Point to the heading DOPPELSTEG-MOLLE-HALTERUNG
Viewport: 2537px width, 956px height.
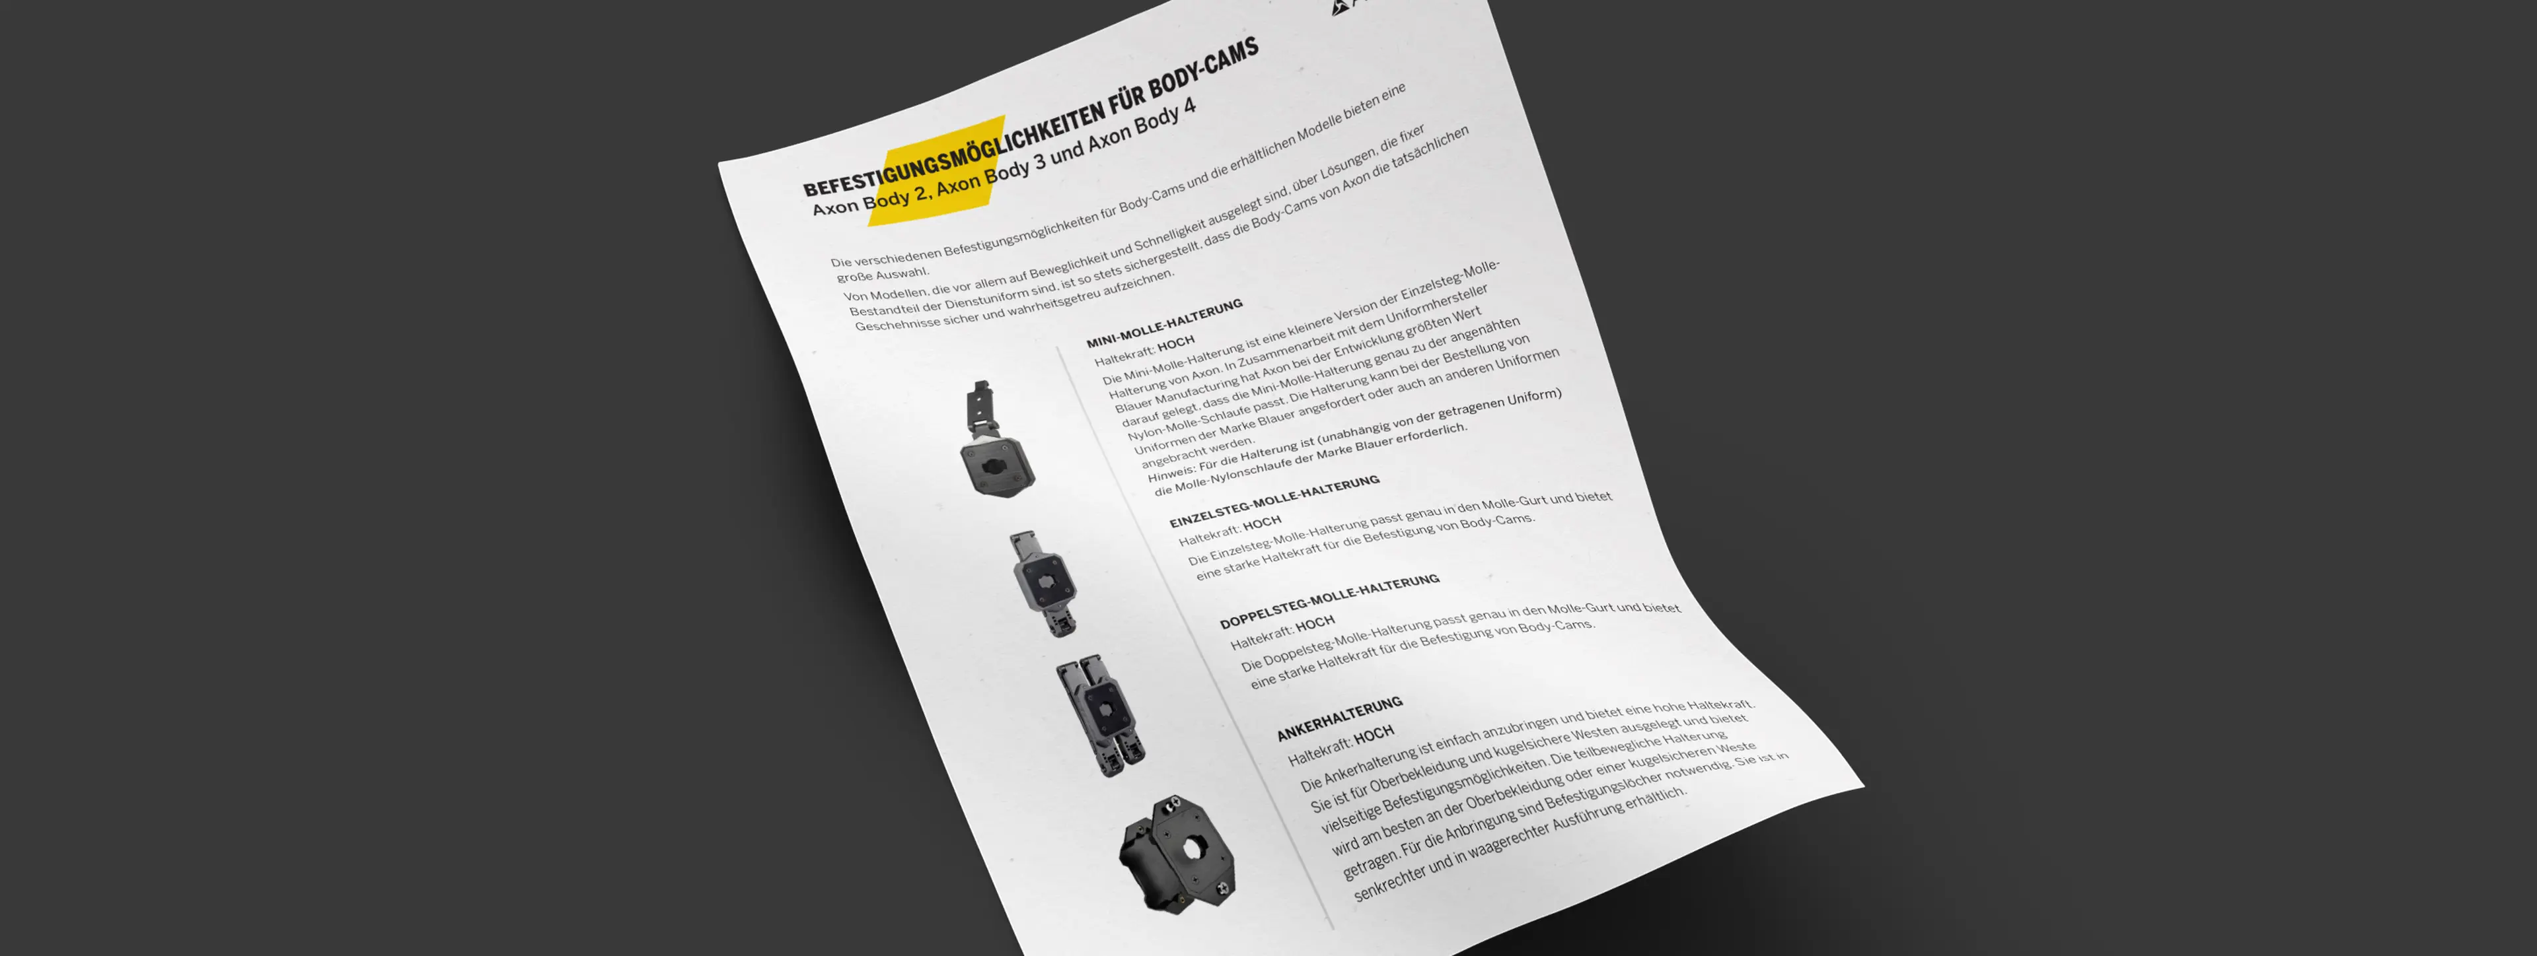(1329, 601)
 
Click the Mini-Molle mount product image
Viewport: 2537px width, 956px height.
(995, 441)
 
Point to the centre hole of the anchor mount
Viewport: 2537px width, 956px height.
(1193, 848)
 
